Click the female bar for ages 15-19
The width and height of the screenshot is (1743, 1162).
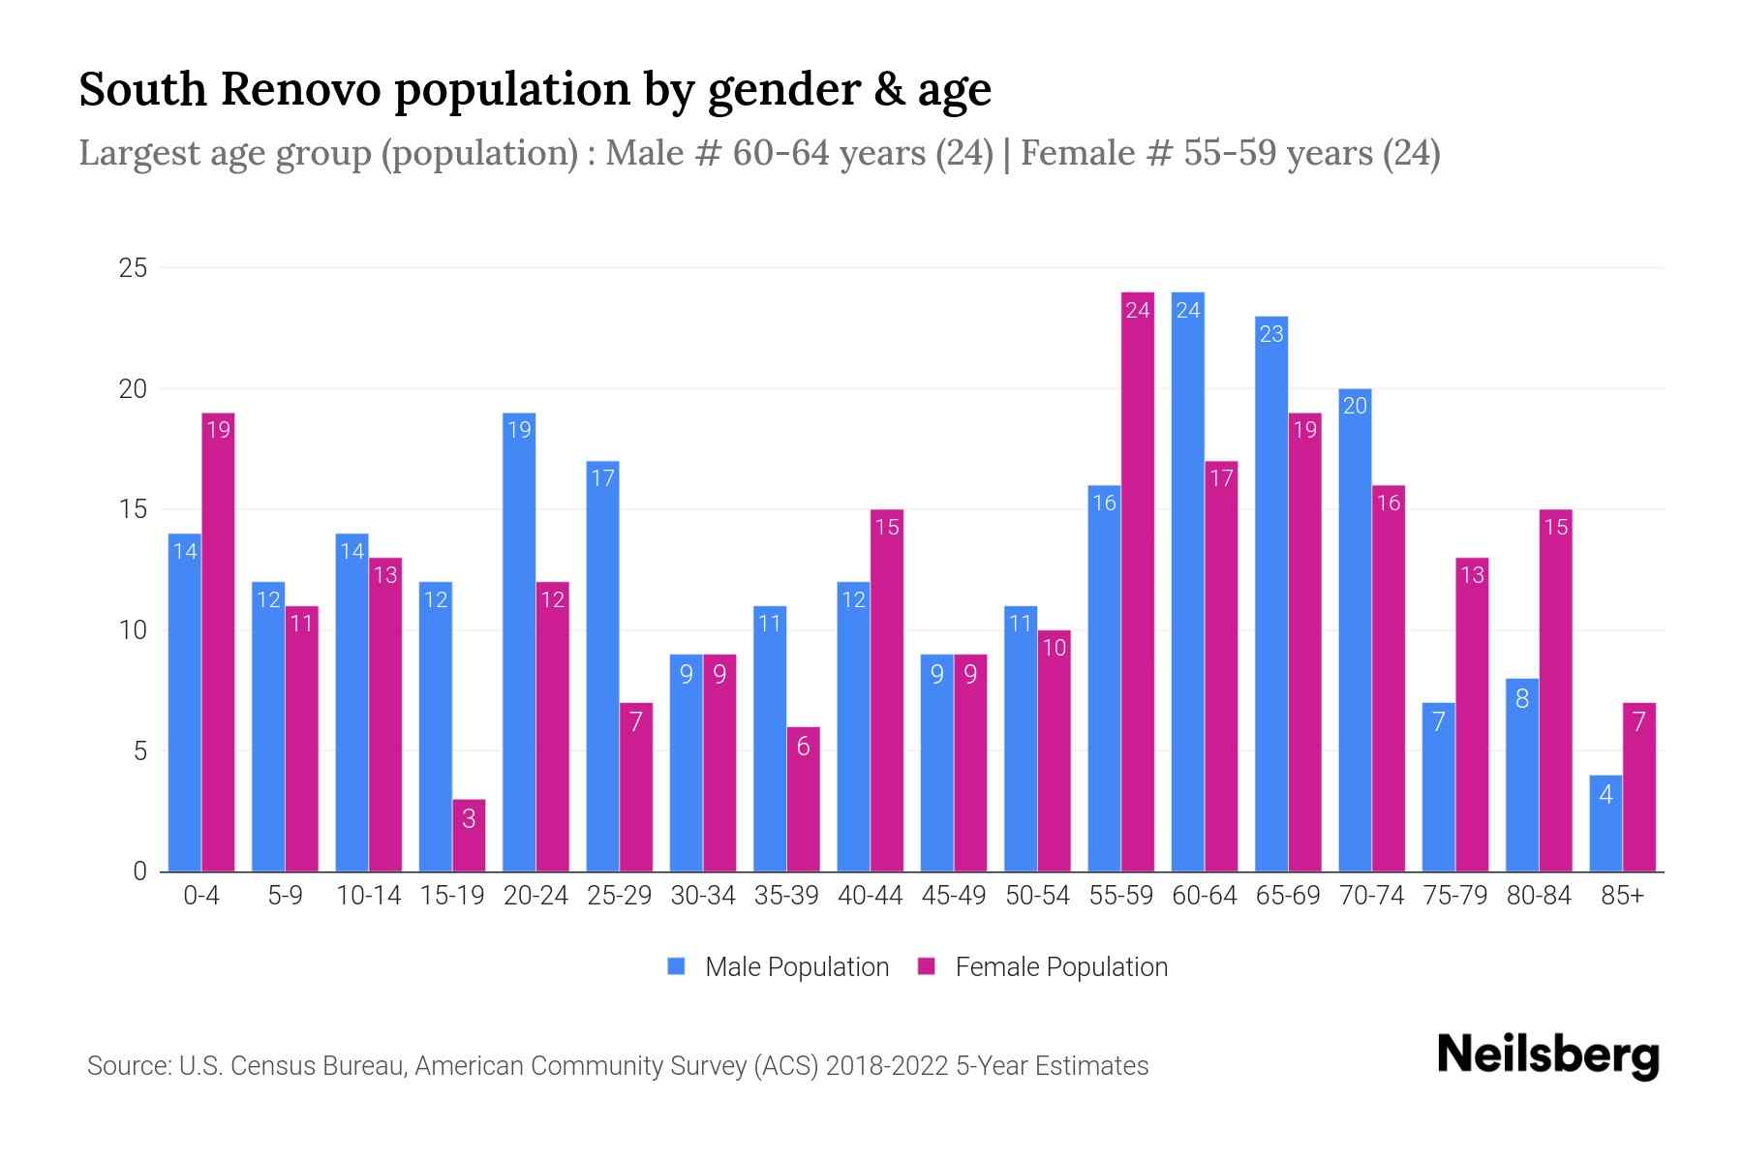pyautogui.click(x=469, y=835)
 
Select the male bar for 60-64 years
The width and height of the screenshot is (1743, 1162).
pyautogui.click(x=1187, y=581)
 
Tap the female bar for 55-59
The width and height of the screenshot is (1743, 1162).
pyautogui.click(x=1138, y=581)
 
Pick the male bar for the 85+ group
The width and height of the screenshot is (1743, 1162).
pyautogui.click(x=1605, y=823)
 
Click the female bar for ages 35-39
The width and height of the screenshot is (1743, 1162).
pyautogui.click(x=804, y=799)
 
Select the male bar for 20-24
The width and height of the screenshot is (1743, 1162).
pyautogui.click(x=519, y=641)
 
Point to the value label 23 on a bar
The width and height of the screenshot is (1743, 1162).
pyautogui.click(x=1271, y=334)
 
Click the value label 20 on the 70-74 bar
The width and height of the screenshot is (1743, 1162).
pyautogui.click(x=1355, y=406)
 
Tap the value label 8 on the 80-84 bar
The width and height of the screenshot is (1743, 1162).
pyautogui.click(x=1522, y=698)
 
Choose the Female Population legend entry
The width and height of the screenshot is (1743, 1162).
pyautogui.click(x=1043, y=966)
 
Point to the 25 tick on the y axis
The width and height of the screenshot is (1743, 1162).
pyautogui.click(x=133, y=268)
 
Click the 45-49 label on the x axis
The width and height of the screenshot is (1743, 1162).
pyautogui.click(x=954, y=896)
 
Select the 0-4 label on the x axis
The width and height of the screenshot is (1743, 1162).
pyautogui.click(x=201, y=896)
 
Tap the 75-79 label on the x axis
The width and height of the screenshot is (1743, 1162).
pyautogui.click(x=1455, y=896)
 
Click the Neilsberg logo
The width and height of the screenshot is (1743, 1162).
pyautogui.click(x=1547, y=1055)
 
